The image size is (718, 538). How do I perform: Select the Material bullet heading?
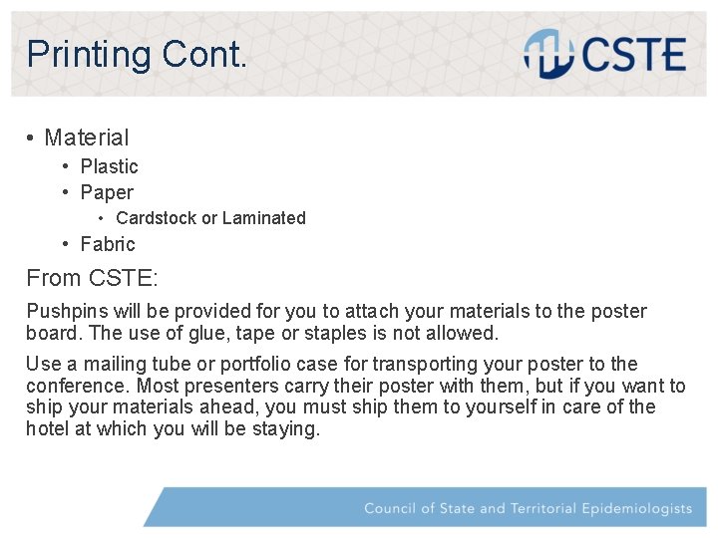[87, 137]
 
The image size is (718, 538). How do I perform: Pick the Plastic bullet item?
[109, 166]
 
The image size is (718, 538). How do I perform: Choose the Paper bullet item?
[107, 192]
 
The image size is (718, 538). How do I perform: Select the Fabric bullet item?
[108, 244]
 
